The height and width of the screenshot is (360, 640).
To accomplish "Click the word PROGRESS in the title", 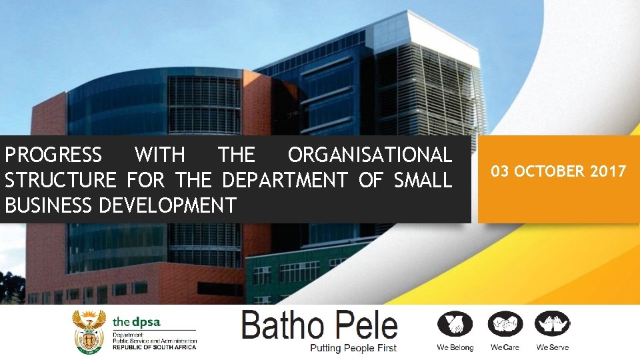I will (53, 155).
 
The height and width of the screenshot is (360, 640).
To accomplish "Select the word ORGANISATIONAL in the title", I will (369, 155).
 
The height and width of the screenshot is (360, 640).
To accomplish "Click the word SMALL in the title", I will (422, 180).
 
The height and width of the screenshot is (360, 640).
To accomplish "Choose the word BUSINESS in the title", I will (48, 205).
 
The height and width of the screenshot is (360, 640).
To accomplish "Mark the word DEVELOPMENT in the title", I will (167, 205).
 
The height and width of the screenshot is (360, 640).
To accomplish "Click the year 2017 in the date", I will (607, 172).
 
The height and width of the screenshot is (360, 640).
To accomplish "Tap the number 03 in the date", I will (501, 172).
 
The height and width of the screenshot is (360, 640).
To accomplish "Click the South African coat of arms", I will (89, 331).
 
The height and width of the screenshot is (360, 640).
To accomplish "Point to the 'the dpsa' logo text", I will (137, 321).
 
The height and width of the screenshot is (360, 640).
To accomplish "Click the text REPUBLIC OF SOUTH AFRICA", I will (154, 347).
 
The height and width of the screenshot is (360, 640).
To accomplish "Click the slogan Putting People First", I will (353, 348).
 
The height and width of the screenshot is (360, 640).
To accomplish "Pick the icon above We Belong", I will (455, 325).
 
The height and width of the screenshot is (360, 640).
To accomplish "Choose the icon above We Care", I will (505, 325).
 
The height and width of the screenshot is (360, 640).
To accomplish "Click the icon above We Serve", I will (553, 325).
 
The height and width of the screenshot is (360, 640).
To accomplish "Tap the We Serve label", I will (553, 347).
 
